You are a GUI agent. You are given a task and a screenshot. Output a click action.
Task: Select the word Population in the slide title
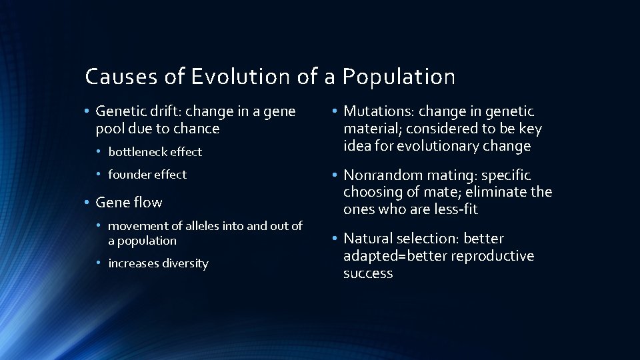[x=399, y=77]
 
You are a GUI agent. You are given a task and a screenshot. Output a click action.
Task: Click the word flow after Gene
[x=147, y=202]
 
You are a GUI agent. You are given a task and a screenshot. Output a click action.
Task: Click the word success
[x=368, y=273]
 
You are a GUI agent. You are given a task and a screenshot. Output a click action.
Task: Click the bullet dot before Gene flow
[x=87, y=202]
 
